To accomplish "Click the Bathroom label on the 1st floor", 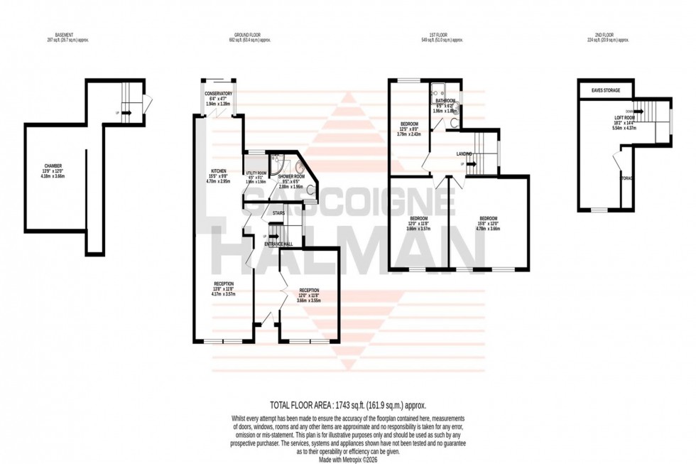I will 445,101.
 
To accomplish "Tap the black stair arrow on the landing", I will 468,164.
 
